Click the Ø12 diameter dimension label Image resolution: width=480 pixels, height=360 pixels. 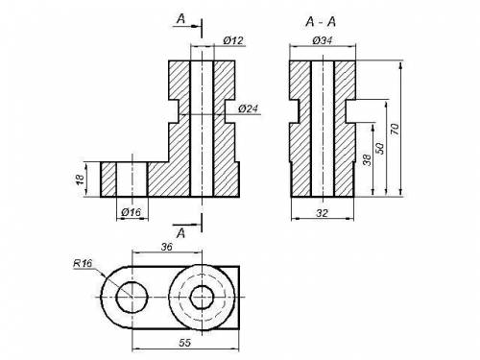click(233, 40)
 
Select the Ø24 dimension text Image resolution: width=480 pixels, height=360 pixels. click(248, 108)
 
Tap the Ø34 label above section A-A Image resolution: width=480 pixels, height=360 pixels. click(323, 40)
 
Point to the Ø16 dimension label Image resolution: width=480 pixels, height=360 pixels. click(132, 212)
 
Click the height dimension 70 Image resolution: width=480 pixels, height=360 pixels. click(396, 129)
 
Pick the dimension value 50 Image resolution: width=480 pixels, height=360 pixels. click(380, 149)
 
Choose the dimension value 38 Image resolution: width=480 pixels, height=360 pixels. click(368, 159)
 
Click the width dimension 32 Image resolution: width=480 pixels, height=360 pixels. click(322, 213)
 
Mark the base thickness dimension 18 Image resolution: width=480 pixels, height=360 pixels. click(81, 179)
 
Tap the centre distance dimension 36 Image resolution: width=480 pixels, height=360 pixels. click(166, 247)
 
